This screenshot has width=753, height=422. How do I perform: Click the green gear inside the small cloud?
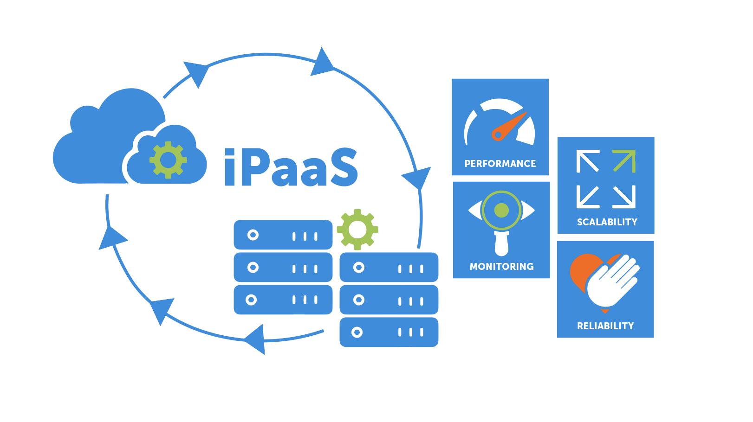[x=168, y=160]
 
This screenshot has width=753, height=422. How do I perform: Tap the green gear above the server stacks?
[x=357, y=229]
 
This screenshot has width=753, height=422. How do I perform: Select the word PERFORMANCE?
[x=500, y=164]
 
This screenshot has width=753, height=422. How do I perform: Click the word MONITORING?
[x=501, y=267]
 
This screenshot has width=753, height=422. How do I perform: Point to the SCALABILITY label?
[x=607, y=222]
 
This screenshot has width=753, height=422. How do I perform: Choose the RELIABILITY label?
[x=605, y=326]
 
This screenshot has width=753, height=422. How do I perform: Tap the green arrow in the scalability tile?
[x=624, y=161]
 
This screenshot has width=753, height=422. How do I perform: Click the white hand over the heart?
[x=612, y=281]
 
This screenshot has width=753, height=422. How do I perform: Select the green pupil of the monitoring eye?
[x=501, y=211]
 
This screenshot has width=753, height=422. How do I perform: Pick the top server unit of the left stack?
[x=283, y=235]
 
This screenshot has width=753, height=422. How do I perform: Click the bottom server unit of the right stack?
[x=389, y=332]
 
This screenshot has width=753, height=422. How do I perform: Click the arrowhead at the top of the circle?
[x=322, y=62]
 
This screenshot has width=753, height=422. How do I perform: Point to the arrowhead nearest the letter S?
[x=415, y=178]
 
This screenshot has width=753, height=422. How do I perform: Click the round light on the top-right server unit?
[x=358, y=267]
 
